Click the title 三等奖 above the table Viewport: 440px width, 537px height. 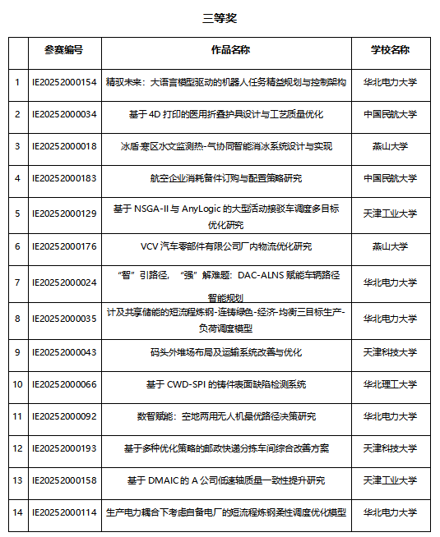(220, 18)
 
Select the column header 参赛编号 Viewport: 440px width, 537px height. (64, 50)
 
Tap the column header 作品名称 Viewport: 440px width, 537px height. (225, 50)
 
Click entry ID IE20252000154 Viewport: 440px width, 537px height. (64, 82)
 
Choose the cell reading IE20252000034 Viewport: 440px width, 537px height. (64, 114)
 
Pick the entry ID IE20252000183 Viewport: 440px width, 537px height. (64, 178)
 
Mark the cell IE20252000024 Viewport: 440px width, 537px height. (64, 282)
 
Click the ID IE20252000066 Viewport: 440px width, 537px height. (64, 383)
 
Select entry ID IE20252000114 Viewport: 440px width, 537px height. (64, 512)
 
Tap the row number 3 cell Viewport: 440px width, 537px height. (17, 146)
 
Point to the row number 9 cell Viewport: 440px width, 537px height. (17, 351)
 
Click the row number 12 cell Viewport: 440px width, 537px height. (17, 448)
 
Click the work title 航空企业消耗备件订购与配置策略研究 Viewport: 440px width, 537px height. (225, 178)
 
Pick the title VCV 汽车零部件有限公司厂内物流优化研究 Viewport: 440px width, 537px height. (225, 246)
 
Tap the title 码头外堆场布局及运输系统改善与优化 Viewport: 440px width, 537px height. (225, 351)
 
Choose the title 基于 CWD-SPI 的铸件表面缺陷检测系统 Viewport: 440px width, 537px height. (225, 383)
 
